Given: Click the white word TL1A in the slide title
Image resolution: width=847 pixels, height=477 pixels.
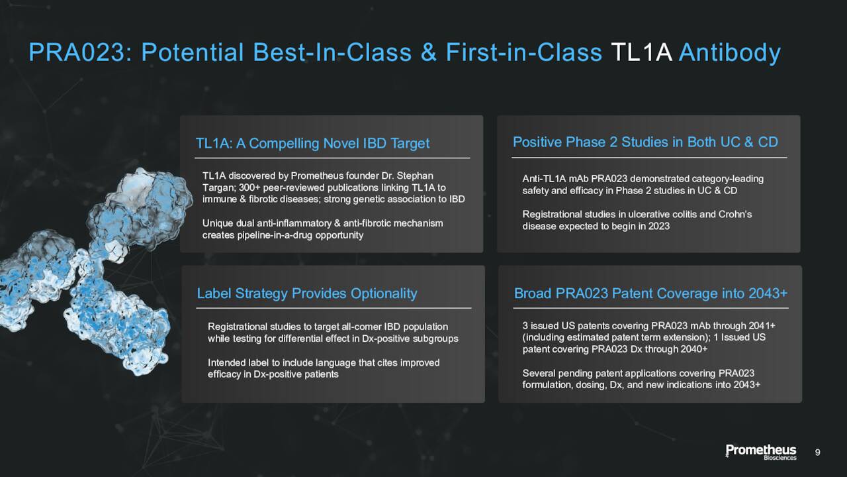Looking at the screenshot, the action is [x=641, y=52].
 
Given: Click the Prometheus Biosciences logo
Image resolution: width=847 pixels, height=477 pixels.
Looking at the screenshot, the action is [x=761, y=452].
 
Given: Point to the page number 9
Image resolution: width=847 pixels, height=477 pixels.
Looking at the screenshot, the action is [x=817, y=452].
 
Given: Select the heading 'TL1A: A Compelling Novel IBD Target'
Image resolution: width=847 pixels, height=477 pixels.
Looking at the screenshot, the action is [x=312, y=144].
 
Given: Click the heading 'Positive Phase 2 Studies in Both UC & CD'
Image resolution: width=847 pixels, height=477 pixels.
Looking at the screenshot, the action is [x=645, y=142].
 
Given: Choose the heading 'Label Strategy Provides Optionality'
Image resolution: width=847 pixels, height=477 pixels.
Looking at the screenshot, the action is [x=307, y=293].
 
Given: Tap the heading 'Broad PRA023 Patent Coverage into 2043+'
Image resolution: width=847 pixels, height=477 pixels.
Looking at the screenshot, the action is [x=650, y=293].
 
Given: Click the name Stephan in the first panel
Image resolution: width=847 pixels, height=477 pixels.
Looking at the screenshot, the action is [x=415, y=176].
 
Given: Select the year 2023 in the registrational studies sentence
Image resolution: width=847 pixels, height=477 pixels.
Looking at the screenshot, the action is [x=658, y=227].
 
